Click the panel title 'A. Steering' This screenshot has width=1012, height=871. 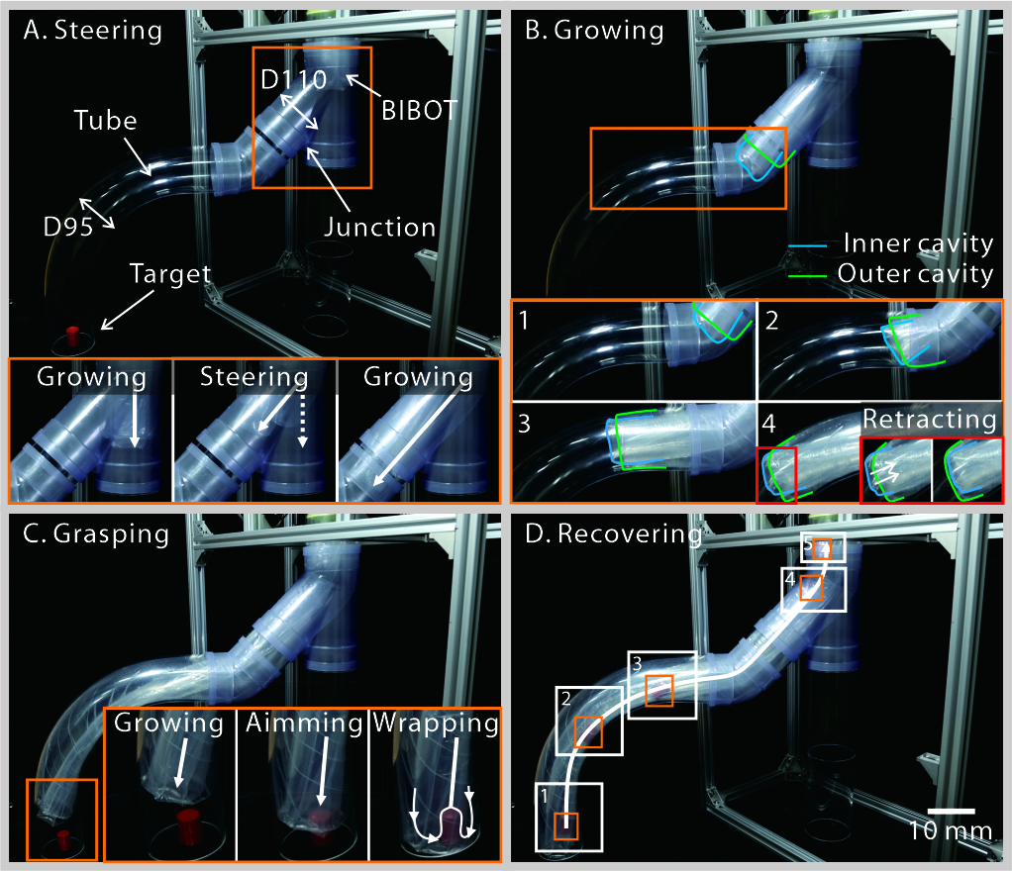coord(93,31)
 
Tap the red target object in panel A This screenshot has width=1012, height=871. coord(71,334)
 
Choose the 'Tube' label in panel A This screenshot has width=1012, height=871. coord(104,121)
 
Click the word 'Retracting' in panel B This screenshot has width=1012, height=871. coord(929,419)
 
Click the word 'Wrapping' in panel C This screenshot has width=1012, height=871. coord(434,723)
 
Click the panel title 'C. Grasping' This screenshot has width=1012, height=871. coord(97,534)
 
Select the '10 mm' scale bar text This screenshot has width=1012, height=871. coord(951,830)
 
